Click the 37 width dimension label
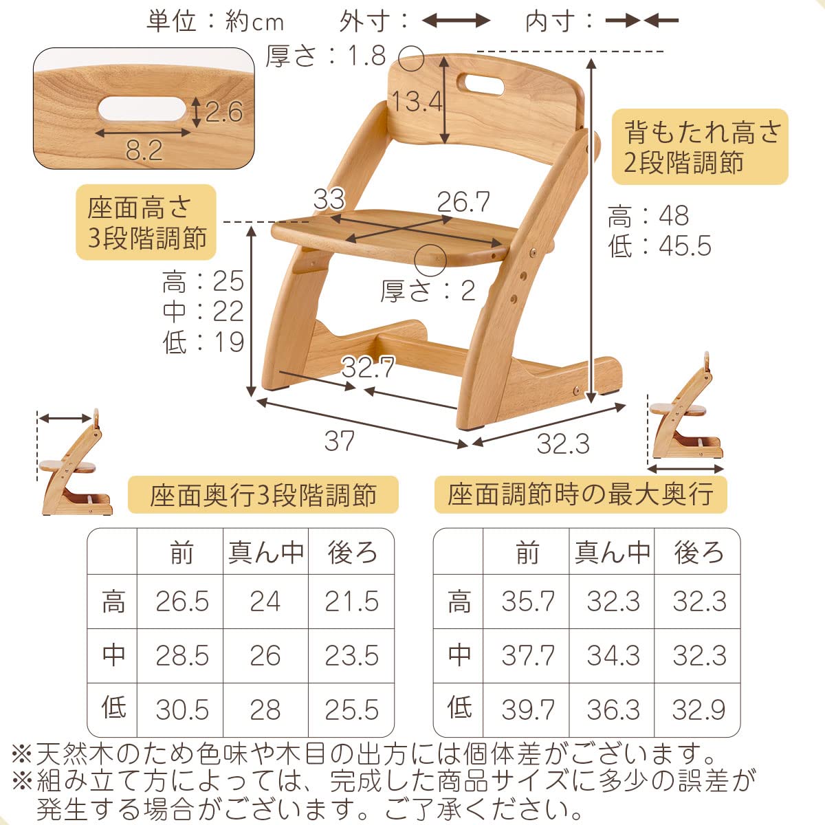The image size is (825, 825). [339, 441]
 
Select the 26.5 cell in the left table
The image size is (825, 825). [181, 602]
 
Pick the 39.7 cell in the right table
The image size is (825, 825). [527, 709]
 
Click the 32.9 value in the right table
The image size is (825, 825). [698, 709]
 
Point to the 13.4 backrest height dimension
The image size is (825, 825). [417, 102]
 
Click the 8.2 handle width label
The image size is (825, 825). [144, 150]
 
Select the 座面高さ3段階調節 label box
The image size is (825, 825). [146, 222]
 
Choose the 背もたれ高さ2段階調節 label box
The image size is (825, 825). [700, 147]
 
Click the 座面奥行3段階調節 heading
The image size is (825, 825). [263, 494]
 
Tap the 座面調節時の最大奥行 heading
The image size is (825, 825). [580, 494]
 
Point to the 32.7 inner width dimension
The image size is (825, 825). [368, 369]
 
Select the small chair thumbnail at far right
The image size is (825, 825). [686, 416]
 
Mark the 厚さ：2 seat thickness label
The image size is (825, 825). [428, 291]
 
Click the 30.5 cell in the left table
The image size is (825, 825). [181, 709]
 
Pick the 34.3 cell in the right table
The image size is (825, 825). [613, 656]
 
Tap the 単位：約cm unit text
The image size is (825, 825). [214, 22]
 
